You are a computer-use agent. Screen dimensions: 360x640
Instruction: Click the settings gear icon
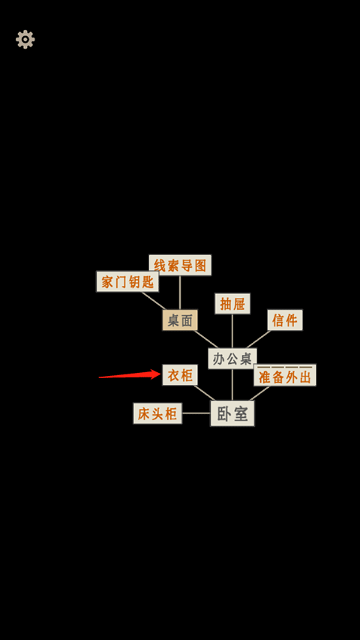(25, 40)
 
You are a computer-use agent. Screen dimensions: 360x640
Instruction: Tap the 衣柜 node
(180, 375)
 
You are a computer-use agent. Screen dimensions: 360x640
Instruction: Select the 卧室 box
(232, 413)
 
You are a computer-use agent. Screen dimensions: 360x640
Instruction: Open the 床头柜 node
(157, 413)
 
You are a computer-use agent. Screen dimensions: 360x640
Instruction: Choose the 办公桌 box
(232, 359)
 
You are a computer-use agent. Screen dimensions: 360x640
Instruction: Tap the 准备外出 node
(285, 375)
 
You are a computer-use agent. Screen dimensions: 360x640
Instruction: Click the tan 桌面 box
(180, 320)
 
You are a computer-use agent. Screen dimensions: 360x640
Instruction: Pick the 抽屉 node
(232, 304)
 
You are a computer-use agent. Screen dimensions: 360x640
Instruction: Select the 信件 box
(285, 320)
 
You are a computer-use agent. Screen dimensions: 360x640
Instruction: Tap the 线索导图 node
(180, 266)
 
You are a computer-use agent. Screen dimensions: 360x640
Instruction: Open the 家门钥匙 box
(127, 281)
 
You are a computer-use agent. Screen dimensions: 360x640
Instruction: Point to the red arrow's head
(160, 374)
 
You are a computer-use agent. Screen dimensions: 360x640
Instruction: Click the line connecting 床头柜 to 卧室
(196, 413)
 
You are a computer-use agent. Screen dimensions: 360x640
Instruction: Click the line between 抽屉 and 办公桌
(232, 331)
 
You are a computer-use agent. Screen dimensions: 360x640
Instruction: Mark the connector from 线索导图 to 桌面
(180, 293)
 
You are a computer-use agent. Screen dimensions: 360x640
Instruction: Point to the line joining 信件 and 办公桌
(258, 339)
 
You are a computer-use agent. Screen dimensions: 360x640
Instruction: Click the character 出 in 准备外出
(305, 377)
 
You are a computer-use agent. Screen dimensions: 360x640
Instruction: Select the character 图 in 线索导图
(200, 266)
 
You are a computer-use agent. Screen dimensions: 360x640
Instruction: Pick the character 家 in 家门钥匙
(107, 282)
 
